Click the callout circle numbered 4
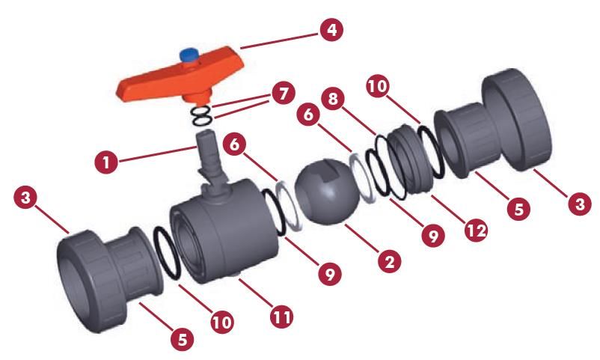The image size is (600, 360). click(x=331, y=29)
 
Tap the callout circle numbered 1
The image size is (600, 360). click(x=106, y=162)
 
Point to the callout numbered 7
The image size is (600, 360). click(x=284, y=93)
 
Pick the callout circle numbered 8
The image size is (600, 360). click(x=333, y=99)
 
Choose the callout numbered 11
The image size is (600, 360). click(x=282, y=317)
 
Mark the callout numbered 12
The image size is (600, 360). click(x=477, y=231)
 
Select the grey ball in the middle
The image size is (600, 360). click(x=327, y=192)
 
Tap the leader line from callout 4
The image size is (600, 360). click(x=279, y=41)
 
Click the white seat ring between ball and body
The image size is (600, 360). click(x=290, y=206)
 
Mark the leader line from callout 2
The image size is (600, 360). click(x=362, y=239)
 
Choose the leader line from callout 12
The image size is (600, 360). click(x=448, y=210)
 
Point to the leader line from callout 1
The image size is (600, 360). click(x=157, y=154)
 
